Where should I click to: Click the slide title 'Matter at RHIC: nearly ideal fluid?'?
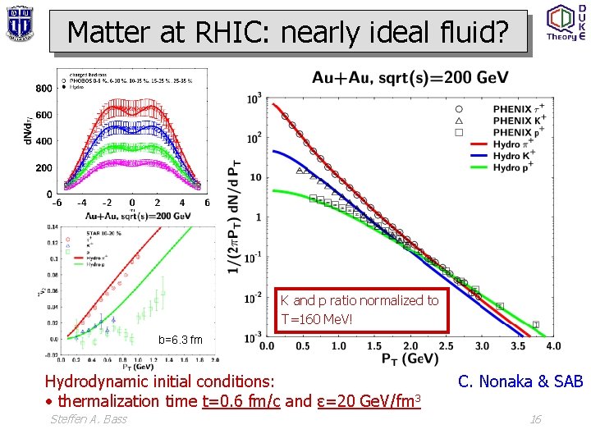point(288,32)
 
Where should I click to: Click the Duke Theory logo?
point(566,23)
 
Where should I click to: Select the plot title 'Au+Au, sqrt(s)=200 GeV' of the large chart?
point(410,78)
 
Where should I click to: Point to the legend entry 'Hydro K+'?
point(517,156)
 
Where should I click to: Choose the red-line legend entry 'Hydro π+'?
point(517,144)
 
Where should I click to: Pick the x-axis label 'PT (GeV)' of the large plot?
point(410,359)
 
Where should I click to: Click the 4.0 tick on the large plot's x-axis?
point(554,346)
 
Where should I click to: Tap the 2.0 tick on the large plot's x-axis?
point(410,346)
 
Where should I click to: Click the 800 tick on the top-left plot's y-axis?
point(44,89)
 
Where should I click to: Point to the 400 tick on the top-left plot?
point(44,141)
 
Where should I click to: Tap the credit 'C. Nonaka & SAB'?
point(520,381)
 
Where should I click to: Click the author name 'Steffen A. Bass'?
point(89,420)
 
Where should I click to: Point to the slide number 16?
point(535,420)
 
